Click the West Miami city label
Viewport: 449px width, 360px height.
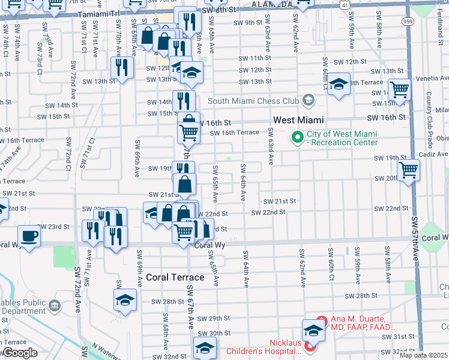[x=299, y=120]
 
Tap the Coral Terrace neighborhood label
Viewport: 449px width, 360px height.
[x=175, y=277]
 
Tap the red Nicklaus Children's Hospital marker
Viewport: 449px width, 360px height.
[x=310, y=346]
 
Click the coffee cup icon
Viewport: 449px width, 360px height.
[x=29, y=235]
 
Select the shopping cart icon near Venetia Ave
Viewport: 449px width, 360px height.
[x=399, y=90]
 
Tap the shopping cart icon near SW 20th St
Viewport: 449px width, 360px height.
[x=408, y=170]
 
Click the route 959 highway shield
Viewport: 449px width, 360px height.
[x=406, y=20]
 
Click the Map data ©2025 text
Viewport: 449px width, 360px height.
[x=424, y=355]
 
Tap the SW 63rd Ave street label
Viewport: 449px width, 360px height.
[x=271, y=147]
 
